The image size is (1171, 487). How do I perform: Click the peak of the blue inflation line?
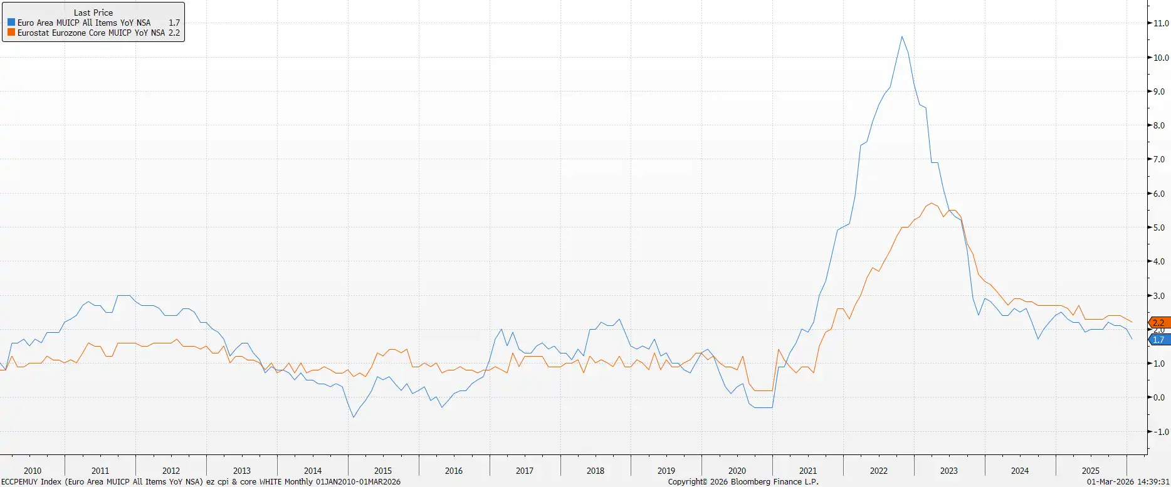tap(902, 36)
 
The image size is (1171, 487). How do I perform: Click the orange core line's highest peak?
tap(932, 203)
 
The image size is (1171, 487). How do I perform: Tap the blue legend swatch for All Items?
tap(11, 23)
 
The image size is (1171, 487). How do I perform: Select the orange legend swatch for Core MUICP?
tap(11, 33)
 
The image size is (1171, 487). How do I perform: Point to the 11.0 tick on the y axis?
tap(1161, 23)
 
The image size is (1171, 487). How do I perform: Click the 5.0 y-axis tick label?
tap(1161, 228)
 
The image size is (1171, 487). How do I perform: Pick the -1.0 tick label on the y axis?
tap(1161, 432)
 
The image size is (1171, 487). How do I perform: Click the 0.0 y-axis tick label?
tap(1161, 397)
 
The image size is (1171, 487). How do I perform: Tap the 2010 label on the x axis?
tap(33, 471)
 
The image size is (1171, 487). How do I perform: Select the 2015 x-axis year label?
tap(383, 471)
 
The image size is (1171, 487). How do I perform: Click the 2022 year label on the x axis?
tap(879, 471)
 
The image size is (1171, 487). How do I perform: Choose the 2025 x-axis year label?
tap(1091, 471)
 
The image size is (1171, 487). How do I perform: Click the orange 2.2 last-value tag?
tap(1159, 323)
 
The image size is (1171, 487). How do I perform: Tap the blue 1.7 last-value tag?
tap(1159, 340)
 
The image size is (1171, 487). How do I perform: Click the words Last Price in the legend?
tap(93, 13)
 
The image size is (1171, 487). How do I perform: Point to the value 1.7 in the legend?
tap(174, 23)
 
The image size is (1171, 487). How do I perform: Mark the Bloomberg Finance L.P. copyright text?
tap(743, 482)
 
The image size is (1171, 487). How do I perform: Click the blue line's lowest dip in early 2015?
tap(354, 417)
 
